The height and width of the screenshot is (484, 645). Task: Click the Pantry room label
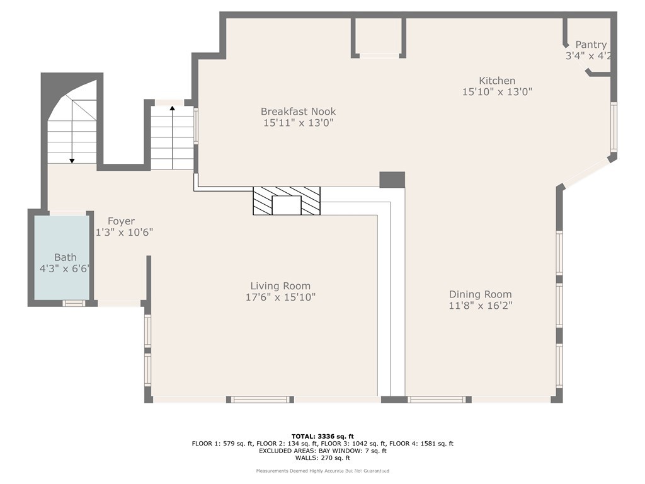click(591, 45)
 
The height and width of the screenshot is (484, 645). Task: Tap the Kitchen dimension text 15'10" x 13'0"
click(497, 91)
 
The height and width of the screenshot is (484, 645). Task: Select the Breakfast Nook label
click(298, 112)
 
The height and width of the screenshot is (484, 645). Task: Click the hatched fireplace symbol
click(287, 201)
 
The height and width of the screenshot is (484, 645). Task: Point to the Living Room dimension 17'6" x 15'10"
click(280, 297)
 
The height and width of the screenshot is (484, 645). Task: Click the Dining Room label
click(480, 294)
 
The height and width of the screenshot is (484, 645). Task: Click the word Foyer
click(121, 221)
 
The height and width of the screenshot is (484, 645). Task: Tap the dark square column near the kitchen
click(392, 180)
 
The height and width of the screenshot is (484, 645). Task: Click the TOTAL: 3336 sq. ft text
click(322, 436)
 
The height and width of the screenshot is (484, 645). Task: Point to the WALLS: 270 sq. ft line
click(322, 458)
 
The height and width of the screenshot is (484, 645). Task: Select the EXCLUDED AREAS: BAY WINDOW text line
click(322, 451)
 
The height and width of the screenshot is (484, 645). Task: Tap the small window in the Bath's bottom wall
click(74, 303)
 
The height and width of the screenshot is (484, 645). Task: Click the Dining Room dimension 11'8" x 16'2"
click(480, 306)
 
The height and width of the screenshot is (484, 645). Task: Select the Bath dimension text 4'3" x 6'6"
click(64, 268)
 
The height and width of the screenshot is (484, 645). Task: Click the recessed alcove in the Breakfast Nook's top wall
click(379, 37)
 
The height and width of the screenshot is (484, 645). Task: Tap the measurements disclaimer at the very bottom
click(322, 471)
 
